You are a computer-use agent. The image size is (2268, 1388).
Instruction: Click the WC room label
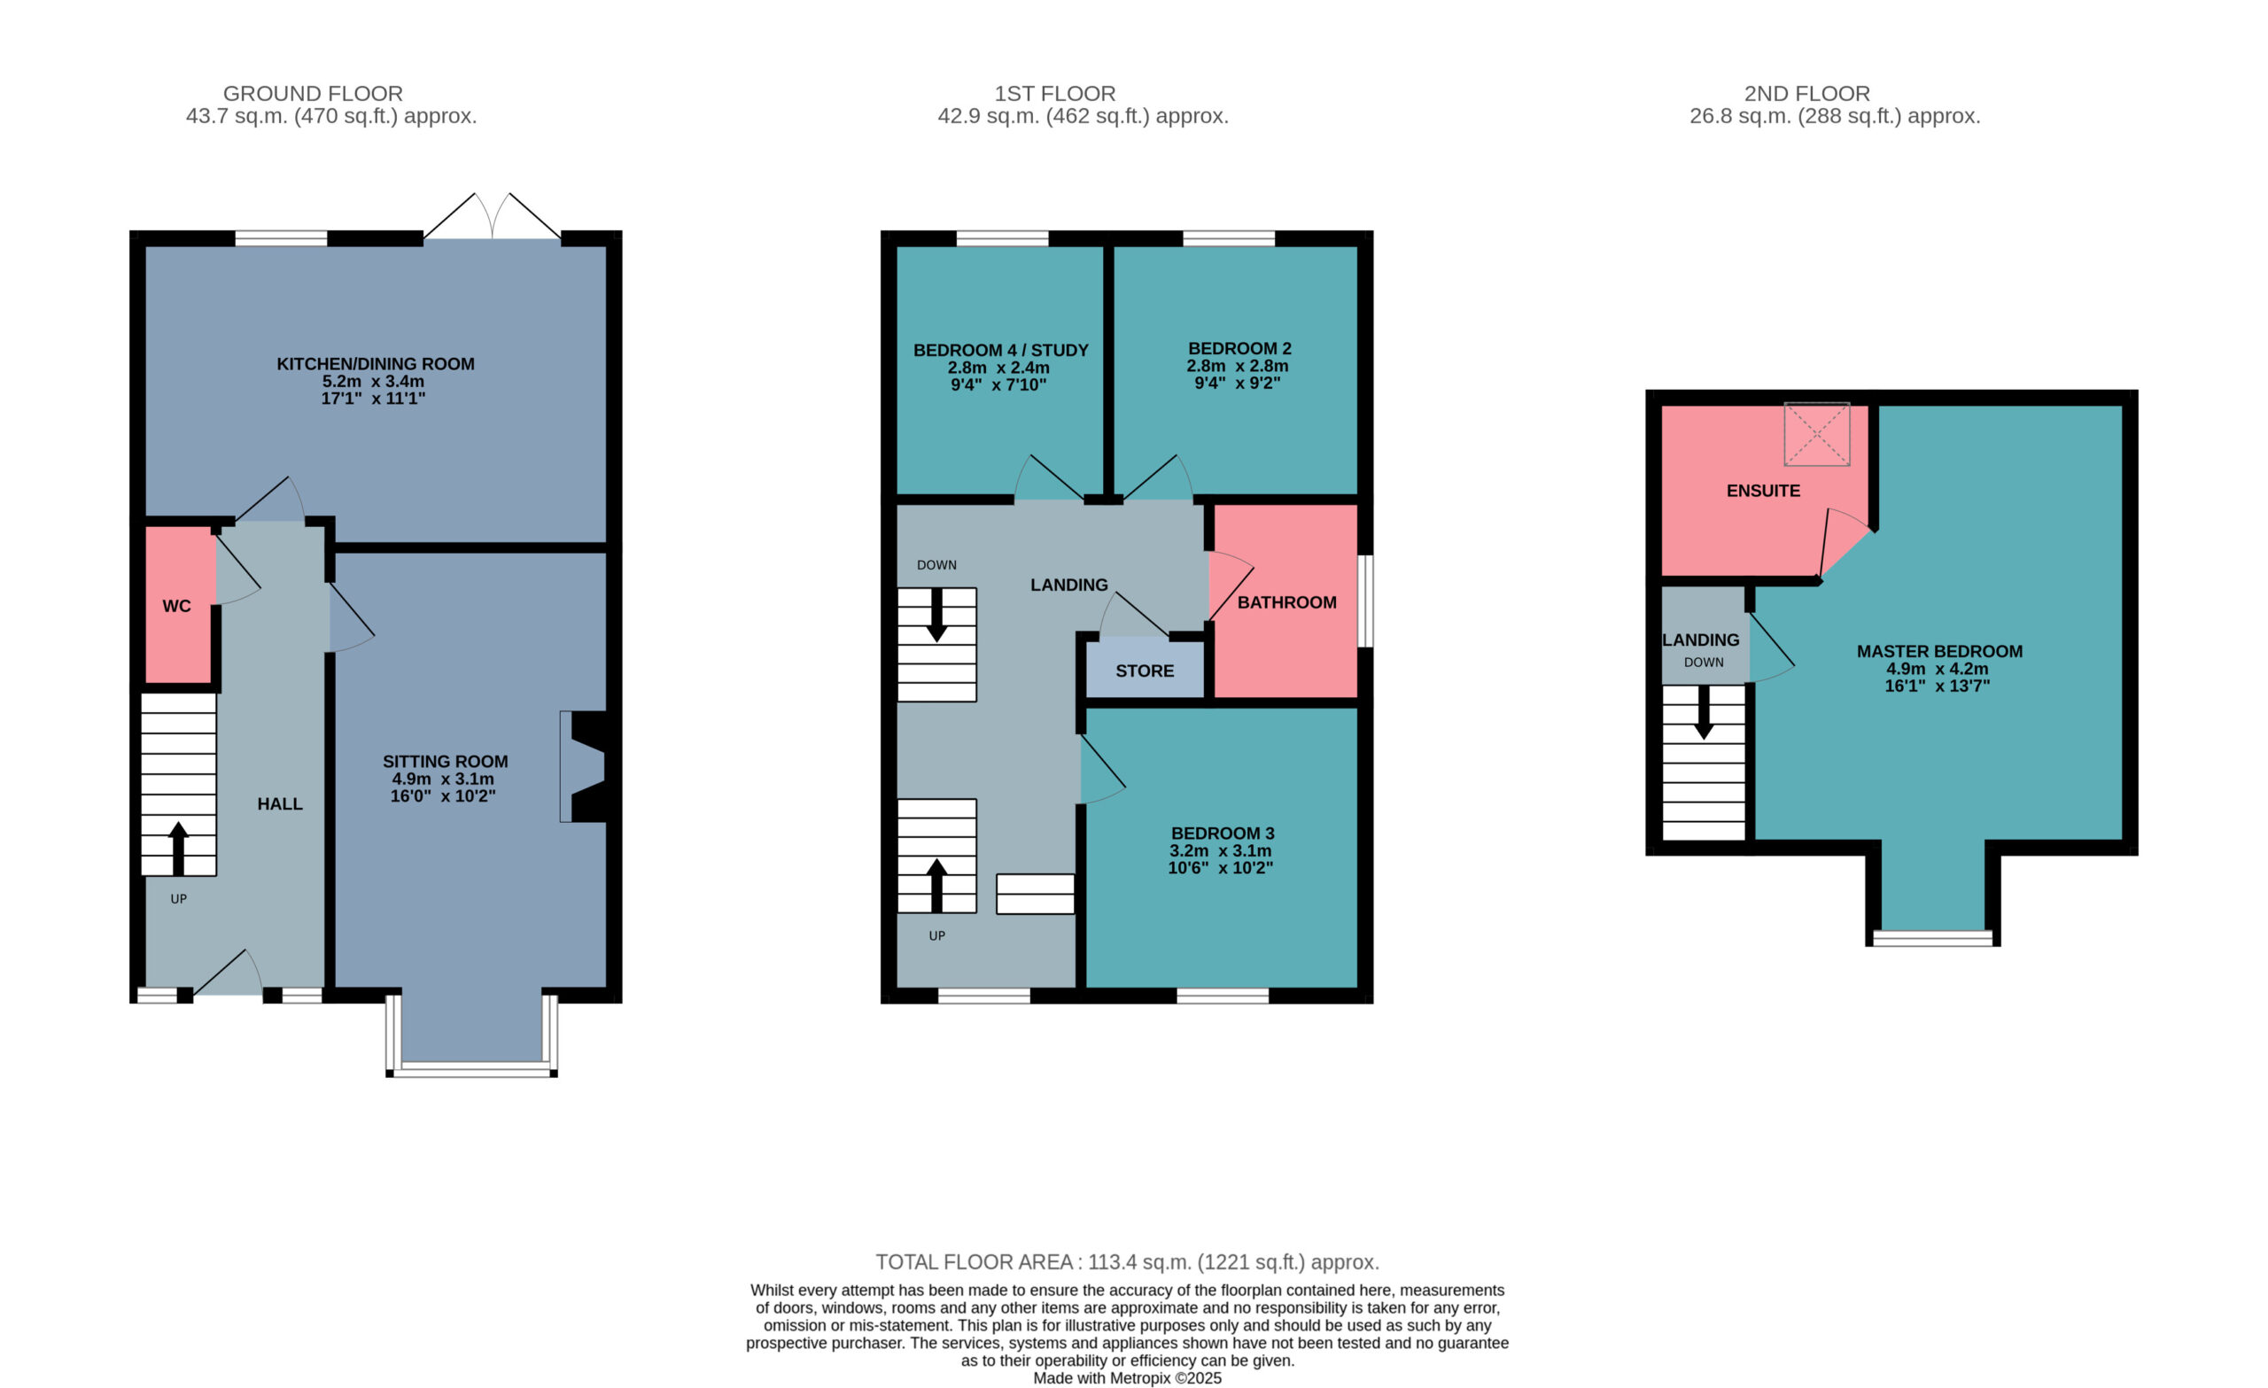pos(176,606)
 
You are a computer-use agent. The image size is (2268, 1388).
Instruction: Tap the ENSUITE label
pos(1763,491)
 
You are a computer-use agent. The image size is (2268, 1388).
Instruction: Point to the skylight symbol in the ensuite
pos(1816,433)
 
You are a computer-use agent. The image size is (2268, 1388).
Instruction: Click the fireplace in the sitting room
pos(584,766)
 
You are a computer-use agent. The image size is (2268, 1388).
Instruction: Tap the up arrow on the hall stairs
pos(179,848)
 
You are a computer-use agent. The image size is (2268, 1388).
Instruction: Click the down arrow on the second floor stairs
pos(1704,711)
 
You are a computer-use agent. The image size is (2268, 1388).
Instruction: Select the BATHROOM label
pos(1285,603)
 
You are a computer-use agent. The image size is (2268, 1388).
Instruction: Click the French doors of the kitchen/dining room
pos(493,217)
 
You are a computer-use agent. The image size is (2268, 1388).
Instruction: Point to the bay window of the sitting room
pos(472,1035)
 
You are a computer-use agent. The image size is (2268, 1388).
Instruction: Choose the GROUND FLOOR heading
pos(313,94)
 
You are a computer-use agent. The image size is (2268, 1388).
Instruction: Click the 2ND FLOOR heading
pos(1806,94)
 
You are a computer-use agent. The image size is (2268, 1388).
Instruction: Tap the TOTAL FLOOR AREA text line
pos(1127,1262)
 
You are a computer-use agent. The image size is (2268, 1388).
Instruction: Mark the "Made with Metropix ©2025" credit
pos(1127,1378)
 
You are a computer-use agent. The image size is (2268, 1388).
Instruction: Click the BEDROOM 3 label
pos(1223,833)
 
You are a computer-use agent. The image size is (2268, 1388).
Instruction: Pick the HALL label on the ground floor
pos(280,803)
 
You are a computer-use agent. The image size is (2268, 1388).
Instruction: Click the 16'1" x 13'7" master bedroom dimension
pos(1938,686)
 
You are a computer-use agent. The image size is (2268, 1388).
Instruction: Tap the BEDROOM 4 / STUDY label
pos(1000,351)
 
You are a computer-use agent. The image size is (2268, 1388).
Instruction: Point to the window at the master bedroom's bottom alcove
pos(1932,938)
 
